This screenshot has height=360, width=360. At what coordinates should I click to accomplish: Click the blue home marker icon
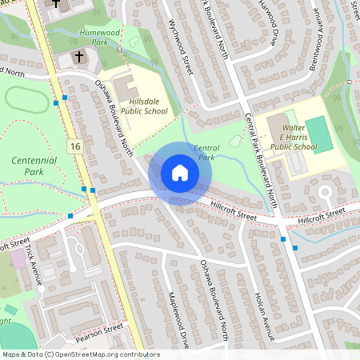point(180,173)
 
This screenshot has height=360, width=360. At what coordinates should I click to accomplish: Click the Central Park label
point(205,152)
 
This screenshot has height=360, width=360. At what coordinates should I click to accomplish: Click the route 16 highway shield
point(74,146)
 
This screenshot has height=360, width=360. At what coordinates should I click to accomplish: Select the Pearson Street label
point(102,328)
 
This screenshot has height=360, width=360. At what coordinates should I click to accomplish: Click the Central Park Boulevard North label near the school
point(262,160)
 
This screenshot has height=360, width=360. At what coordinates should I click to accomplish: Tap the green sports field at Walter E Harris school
point(317,132)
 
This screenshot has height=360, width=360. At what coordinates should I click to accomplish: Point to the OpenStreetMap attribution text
point(80,354)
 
